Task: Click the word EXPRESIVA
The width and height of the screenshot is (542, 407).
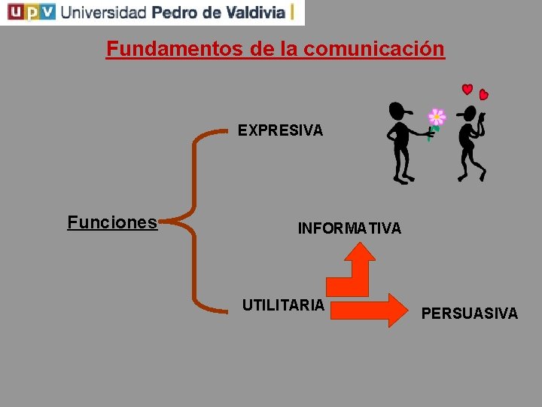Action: (280, 130)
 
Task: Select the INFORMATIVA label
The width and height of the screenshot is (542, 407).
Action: (349, 228)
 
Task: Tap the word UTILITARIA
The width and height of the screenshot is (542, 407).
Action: (283, 305)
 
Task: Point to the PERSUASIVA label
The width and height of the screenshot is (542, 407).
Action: (470, 314)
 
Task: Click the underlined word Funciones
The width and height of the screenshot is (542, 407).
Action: (112, 222)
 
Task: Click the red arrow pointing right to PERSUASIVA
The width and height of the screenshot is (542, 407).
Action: (369, 309)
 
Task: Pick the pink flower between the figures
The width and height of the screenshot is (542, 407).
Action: (437, 117)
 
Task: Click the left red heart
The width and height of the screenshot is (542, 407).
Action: (467, 90)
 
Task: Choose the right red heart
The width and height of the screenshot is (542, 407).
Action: (484, 95)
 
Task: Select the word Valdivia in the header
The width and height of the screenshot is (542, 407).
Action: (249, 12)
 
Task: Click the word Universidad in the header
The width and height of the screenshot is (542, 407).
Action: (103, 12)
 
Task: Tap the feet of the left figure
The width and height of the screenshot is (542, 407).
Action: (403, 179)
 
